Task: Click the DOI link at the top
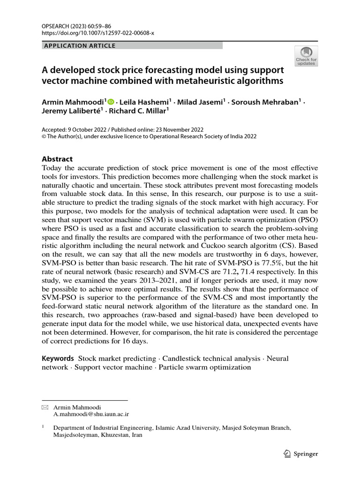pyautogui.click(x=98, y=33)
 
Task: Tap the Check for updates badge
pyautogui.click(x=306, y=56)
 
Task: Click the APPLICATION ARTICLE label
pyautogui.click(x=79, y=45)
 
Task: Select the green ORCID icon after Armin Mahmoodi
pyautogui.click(x=111, y=101)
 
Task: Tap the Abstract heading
pyautogui.click(x=57, y=159)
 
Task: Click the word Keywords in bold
pyautogui.click(x=58, y=358)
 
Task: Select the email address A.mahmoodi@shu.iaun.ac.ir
pyautogui.click(x=91, y=414)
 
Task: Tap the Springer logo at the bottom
pyautogui.click(x=301, y=453)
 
